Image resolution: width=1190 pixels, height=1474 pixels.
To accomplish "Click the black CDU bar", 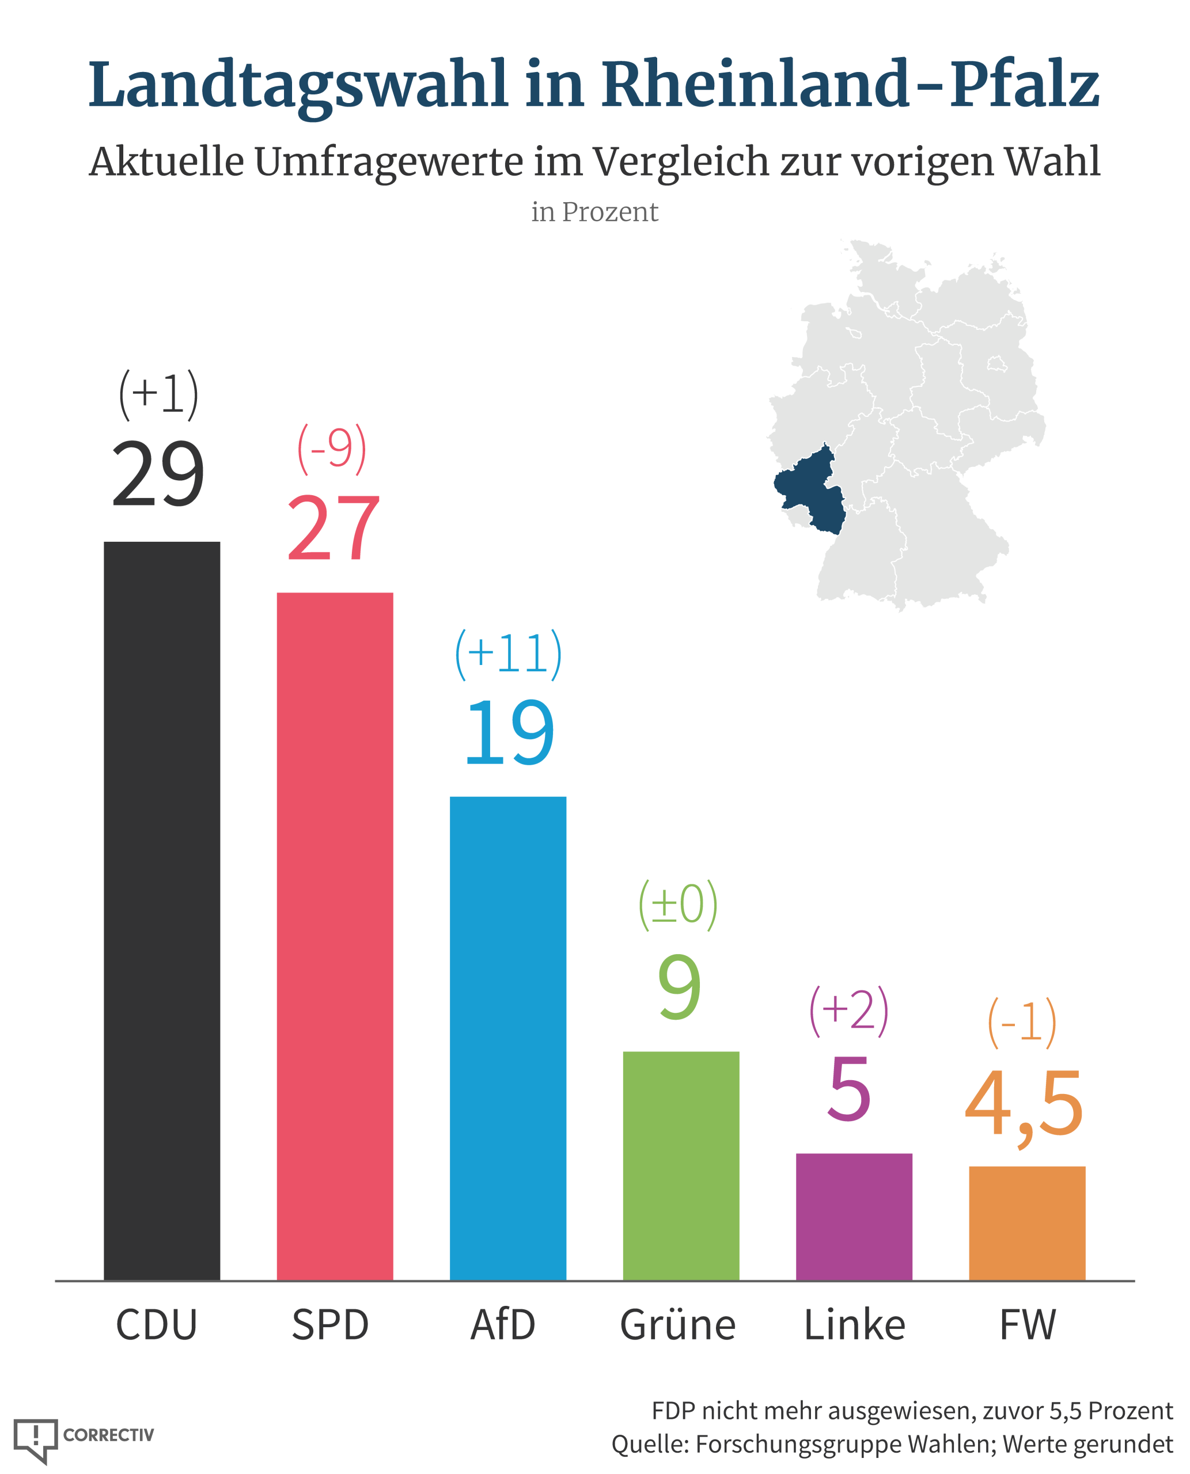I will (x=162, y=911).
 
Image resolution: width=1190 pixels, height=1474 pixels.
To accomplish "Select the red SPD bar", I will (x=335, y=937).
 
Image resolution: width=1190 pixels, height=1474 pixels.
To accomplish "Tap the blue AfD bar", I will (x=508, y=1038).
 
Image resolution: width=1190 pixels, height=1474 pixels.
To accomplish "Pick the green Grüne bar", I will (x=681, y=1165).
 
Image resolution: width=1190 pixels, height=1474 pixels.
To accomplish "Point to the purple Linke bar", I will (x=854, y=1217).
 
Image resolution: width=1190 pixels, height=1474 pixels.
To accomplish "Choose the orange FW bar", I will (x=1027, y=1223).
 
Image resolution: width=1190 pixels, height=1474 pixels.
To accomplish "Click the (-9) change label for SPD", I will (x=332, y=450).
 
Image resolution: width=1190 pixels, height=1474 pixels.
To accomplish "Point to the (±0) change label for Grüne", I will (x=678, y=905).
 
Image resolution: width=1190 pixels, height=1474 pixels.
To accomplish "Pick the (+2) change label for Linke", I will (x=848, y=1010).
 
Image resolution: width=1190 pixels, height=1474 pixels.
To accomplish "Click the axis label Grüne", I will (x=677, y=1325).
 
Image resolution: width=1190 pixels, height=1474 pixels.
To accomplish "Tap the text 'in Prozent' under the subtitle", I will (x=594, y=212).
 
